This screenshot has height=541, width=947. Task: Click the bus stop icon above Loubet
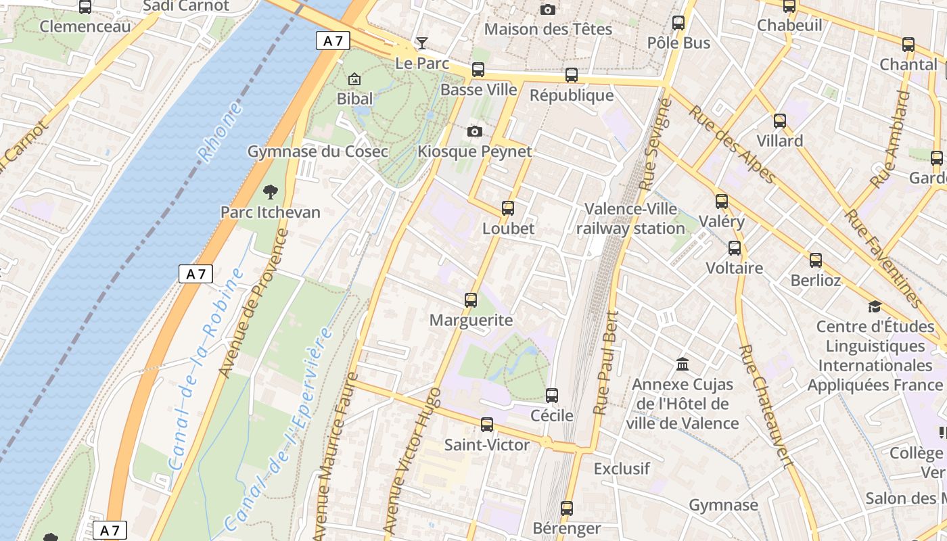[x=508, y=208]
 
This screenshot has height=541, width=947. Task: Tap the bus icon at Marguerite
[x=471, y=300]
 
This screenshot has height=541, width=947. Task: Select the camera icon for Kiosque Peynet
[x=475, y=131]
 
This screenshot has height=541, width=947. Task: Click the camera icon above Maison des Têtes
[x=548, y=9]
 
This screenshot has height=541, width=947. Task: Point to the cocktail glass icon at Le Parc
[x=422, y=43]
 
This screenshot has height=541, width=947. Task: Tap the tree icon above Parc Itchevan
[x=271, y=192]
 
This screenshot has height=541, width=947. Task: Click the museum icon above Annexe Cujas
[x=683, y=364]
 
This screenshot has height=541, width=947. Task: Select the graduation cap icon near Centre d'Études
[x=875, y=307]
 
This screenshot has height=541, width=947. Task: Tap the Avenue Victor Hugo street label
[x=412, y=460]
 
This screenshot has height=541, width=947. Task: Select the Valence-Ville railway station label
[x=630, y=218]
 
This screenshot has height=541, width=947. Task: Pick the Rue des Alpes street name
[x=732, y=144]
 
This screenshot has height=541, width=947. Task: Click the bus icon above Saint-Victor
[x=487, y=425]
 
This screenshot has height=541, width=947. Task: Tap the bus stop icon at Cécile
[x=552, y=396]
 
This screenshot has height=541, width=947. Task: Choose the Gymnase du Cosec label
[x=318, y=151]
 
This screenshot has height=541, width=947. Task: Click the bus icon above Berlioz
[x=816, y=260]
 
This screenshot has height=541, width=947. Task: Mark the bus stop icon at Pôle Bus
[x=678, y=23]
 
